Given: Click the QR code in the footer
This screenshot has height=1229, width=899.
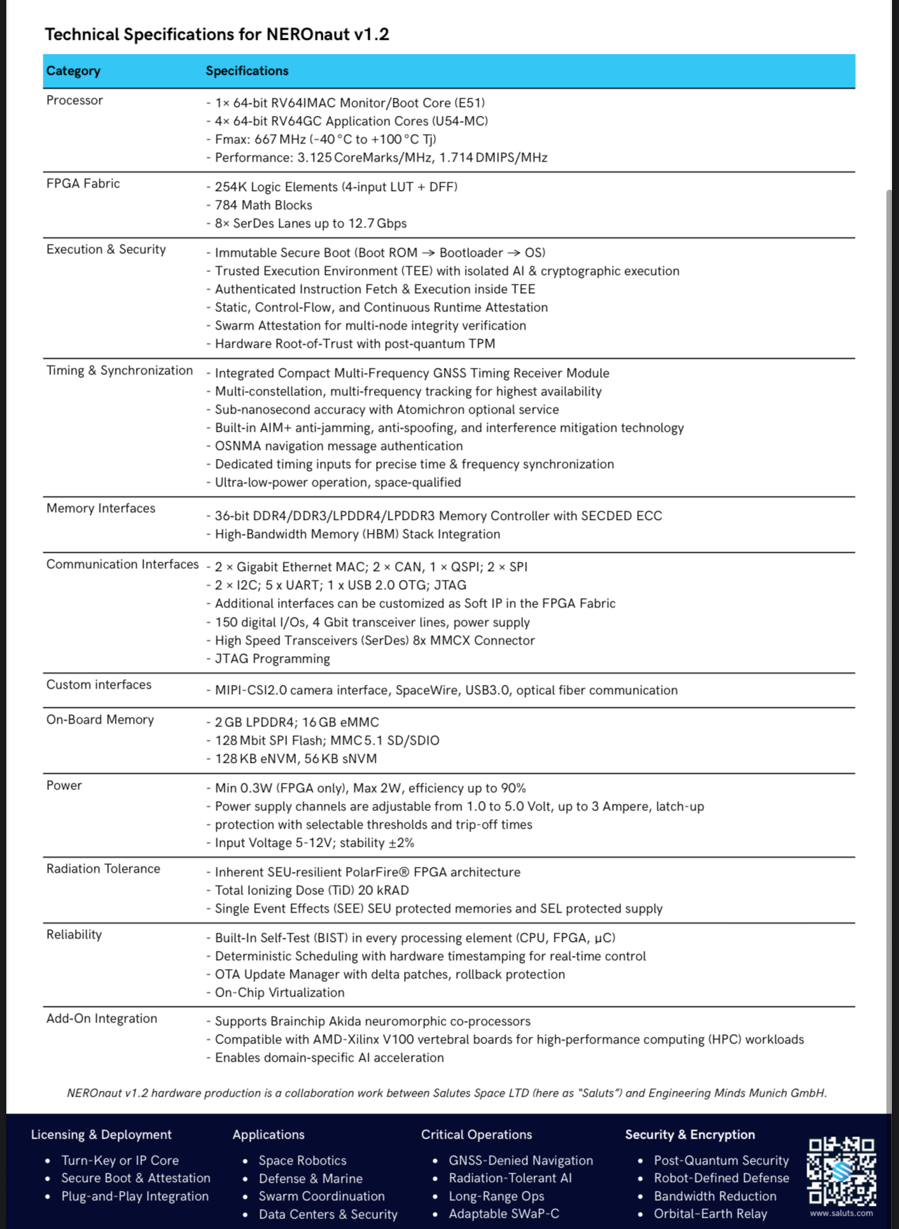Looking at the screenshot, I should [x=841, y=1171].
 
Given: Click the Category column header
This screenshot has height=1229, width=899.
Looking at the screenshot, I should [x=74, y=71].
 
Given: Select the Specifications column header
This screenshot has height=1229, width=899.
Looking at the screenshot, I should [x=246, y=71].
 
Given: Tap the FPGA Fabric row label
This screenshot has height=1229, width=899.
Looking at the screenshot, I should [x=83, y=183].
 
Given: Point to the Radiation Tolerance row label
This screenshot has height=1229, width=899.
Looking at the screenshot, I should [x=103, y=869].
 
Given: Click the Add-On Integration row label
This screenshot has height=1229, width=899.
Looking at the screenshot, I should [x=102, y=1018].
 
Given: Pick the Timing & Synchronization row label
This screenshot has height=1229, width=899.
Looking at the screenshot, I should [x=119, y=370].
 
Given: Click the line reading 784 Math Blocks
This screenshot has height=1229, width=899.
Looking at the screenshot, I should [x=263, y=205].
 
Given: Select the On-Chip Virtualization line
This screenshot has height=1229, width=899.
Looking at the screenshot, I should [x=279, y=992].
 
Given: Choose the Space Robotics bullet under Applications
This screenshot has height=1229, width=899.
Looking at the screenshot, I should [x=302, y=1160].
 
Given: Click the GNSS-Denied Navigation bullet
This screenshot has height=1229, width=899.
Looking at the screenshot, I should [x=520, y=1160].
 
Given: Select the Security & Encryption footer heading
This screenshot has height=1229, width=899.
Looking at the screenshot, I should [x=690, y=1135].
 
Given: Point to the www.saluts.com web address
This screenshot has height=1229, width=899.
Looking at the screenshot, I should [x=841, y=1213].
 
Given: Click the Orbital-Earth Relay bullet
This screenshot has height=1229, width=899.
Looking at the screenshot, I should [x=710, y=1214].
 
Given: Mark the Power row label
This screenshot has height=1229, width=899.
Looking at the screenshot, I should [x=64, y=785].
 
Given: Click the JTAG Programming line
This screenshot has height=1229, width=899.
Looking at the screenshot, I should [x=272, y=659].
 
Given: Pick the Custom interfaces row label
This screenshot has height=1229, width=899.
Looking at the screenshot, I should [x=99, y=684].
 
